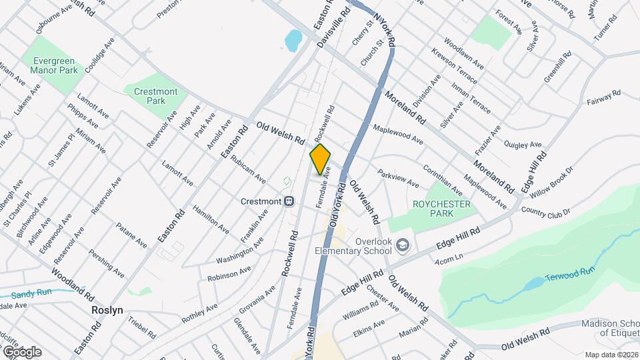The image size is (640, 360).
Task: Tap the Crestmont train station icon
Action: pyautogui.click(x=289, y=201)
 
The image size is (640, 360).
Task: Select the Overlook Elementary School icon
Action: pyautogui.click(x=403, y=245)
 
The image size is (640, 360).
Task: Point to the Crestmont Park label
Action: pyautogui.click(x=155, y=96)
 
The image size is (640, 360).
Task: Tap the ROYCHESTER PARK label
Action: pyautogui.click(x=442, y=208)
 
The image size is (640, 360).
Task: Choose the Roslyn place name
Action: pyautogui.click(x=107, y=310)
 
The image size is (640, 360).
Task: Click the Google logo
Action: pyautogui.click(x=21, y=351)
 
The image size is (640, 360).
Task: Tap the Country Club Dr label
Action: pyautogui.click(x=546, y=211)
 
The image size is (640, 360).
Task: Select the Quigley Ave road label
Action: pyautogui.click(x=523, y=144)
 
